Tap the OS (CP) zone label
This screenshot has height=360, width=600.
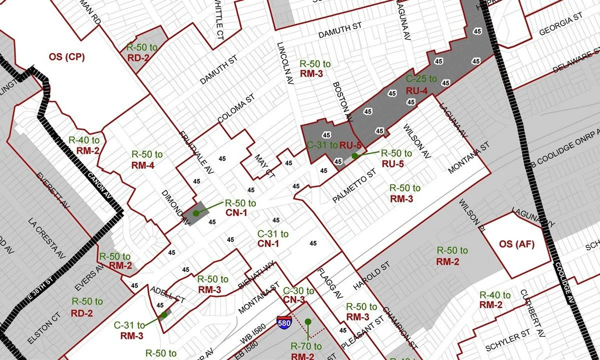tap(66, 56)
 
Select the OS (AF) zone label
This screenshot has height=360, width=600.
tap(517, 244)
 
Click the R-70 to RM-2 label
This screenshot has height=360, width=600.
tap(306, 351)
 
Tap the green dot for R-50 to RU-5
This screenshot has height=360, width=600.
tap(354, 156)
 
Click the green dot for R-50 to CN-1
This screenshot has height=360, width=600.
tap(196, 213)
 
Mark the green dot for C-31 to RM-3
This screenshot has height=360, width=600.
tap(163, 315)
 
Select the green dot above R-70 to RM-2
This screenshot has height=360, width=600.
tap(308, 321)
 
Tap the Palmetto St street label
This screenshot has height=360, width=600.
tap(354, 186)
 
